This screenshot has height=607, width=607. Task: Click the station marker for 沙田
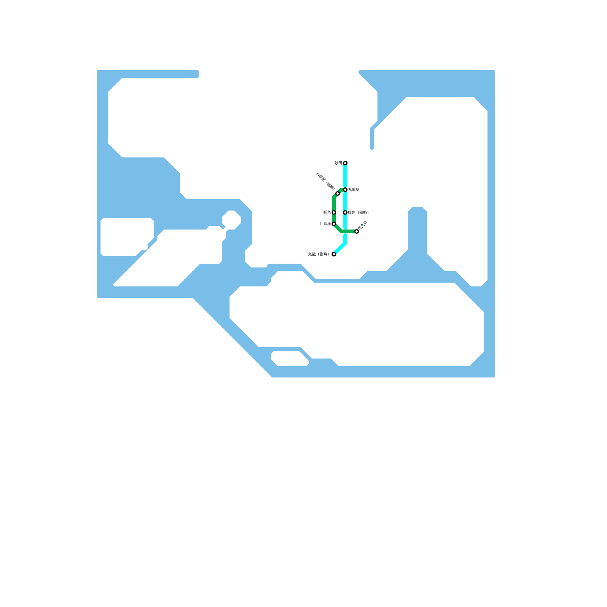point(345,163)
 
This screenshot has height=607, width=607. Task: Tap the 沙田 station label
point(338,163)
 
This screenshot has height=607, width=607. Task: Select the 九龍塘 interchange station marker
point(345,190)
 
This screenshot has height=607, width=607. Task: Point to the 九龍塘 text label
point(354,190)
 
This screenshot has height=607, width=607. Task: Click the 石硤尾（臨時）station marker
point(338,193)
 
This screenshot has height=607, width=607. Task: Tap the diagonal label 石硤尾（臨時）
point(325,181)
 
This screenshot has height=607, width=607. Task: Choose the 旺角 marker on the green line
point(334,212)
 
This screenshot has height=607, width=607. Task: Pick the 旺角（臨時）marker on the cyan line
point(345,212)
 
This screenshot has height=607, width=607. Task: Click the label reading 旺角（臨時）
point(359,212)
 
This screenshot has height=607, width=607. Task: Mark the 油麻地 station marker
point(334,224)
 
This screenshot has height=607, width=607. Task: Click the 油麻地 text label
point(325,224)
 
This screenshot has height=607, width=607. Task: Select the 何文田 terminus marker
point(357,231)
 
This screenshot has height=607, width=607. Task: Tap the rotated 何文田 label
point(363,225)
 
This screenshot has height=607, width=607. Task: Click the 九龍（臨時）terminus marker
point(334,254)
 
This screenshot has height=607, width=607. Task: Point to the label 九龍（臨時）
point(318,254)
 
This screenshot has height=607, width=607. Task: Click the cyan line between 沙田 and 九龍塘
point(345,176)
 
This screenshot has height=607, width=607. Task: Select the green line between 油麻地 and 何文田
point(349,231)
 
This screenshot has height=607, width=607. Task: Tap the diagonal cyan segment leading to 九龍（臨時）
point(340,248)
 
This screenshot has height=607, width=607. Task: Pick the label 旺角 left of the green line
point(327,212)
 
